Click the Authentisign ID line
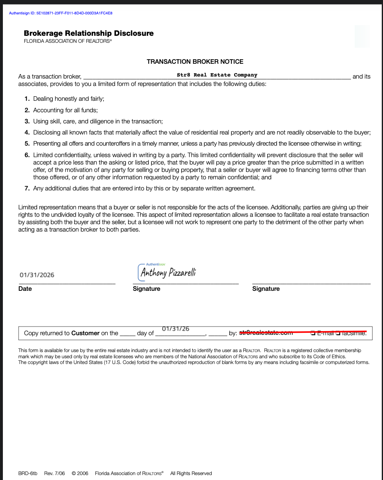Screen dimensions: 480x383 [61, 13]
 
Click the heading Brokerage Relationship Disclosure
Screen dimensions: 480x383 [89, 33]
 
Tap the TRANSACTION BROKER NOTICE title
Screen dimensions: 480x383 [195, 62]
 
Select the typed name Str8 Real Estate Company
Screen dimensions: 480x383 [217, 75]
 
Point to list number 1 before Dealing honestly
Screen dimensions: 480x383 [27, 99]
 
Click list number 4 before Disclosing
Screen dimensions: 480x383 [27, 132]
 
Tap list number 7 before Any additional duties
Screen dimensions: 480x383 [27, 188]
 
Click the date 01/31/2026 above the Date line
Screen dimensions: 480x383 [37, 275]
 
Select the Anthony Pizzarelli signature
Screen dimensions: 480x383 [168, 272]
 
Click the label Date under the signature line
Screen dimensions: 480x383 [25, 289]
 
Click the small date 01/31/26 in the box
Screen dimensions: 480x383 [175, 329]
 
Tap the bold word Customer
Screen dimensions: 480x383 [85, 333]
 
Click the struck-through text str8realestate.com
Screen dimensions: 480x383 [266, 333]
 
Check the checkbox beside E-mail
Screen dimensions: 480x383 [313, 333]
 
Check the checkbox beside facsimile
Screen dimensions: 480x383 [338, 333]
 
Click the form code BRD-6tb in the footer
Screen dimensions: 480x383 [28, 473]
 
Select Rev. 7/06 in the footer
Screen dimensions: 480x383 [55, 473]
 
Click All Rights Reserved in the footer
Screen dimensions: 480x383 [191, 473]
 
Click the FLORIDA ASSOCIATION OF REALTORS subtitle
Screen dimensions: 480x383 [67, 41]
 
